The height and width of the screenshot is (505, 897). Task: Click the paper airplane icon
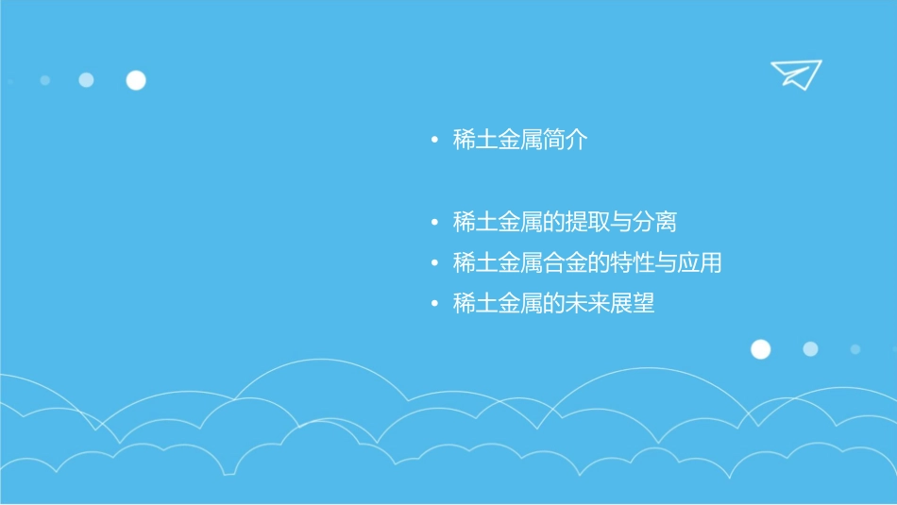click(x=795, y=74)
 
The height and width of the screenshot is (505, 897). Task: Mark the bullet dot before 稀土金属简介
click(x=434, y=142)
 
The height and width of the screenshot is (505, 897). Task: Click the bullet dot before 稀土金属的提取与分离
click(x=434, y=224)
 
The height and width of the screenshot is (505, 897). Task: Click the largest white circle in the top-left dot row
click(x=136, y=80)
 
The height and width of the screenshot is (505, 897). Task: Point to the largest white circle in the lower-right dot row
click(x=760, y=349)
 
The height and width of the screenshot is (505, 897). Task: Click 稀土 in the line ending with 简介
click(x=475, y=141)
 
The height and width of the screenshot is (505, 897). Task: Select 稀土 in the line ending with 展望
click(x=475, y=304)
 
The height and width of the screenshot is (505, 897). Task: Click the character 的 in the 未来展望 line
click(x=554, y=304)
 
